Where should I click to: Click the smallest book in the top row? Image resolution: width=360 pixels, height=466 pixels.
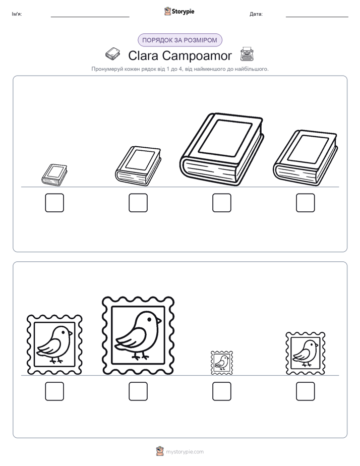pos(54,174)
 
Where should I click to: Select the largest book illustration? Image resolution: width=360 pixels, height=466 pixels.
pos(221,149)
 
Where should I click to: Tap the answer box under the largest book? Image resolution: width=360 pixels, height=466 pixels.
pos(221,203)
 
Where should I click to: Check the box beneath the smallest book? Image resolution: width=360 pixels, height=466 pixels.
pos(54,203)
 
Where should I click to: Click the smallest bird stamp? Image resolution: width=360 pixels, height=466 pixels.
pos(221,363)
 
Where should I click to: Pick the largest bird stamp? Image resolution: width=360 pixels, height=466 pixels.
pos(138,335)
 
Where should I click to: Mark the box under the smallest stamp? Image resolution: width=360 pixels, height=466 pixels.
pos(221,391)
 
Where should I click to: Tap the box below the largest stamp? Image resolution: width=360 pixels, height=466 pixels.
pos(138,391)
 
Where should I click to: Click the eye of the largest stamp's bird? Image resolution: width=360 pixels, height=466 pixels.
pos(149,319)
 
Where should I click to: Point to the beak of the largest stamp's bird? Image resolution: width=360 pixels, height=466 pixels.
pos(159,321)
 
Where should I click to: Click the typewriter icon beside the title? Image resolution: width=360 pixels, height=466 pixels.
pos(247,54)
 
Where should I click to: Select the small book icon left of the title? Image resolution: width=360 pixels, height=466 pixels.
pos(113,54)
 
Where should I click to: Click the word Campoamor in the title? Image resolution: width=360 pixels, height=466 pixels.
pos(197,55)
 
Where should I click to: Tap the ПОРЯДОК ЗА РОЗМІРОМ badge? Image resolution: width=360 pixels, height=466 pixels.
pos(179,40)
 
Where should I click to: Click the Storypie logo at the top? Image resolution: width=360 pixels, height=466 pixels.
pos(179,11)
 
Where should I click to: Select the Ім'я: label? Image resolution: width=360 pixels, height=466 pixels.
pos(17,14)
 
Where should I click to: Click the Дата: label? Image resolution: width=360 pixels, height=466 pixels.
pos(256,14)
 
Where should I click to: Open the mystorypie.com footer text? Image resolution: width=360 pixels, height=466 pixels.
pos(185,452)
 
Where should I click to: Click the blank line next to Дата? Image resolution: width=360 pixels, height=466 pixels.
pos(317,17)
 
